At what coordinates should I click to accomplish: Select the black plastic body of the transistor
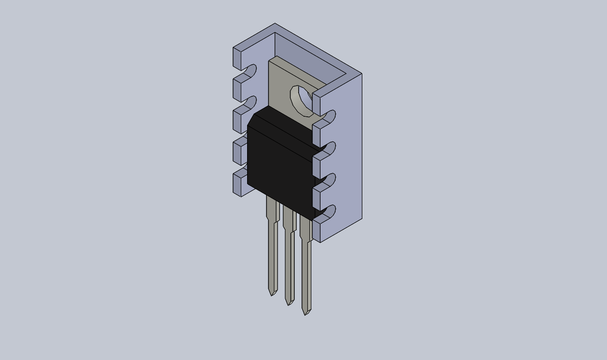tap(280, 165)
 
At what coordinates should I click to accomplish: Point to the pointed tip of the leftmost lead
tap(272, 292)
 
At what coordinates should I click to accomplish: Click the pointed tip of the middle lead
tap(289, 302)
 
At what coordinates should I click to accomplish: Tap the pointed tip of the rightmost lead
tap(306, 312)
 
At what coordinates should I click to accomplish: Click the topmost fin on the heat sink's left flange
tap(241, 57)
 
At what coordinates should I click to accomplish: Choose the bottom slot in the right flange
tap(328, 212)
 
